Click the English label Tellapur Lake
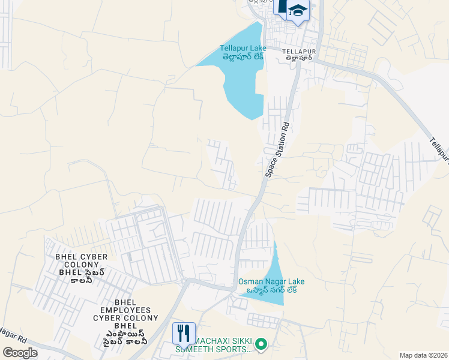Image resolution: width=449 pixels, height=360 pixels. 243,48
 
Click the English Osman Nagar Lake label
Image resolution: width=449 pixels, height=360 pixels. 271,281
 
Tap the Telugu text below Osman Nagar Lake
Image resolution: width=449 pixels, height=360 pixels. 271,290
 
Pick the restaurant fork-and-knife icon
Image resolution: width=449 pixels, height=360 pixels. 184,332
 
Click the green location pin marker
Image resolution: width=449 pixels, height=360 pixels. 261,344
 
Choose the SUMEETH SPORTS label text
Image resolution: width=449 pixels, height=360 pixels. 213,349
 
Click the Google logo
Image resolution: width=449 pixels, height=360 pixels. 20,352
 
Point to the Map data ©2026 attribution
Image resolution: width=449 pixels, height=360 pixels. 423,355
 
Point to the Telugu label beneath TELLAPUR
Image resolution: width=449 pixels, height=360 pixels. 298,59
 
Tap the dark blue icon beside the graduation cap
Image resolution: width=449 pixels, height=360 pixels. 282,7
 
